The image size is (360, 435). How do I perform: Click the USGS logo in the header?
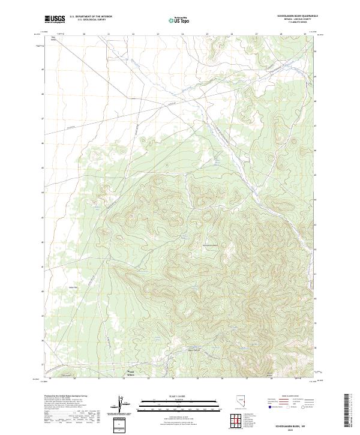55,19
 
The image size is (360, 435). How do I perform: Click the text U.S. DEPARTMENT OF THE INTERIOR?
91,16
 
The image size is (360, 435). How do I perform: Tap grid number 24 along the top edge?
182,34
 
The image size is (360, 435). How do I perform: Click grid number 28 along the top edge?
281,34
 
